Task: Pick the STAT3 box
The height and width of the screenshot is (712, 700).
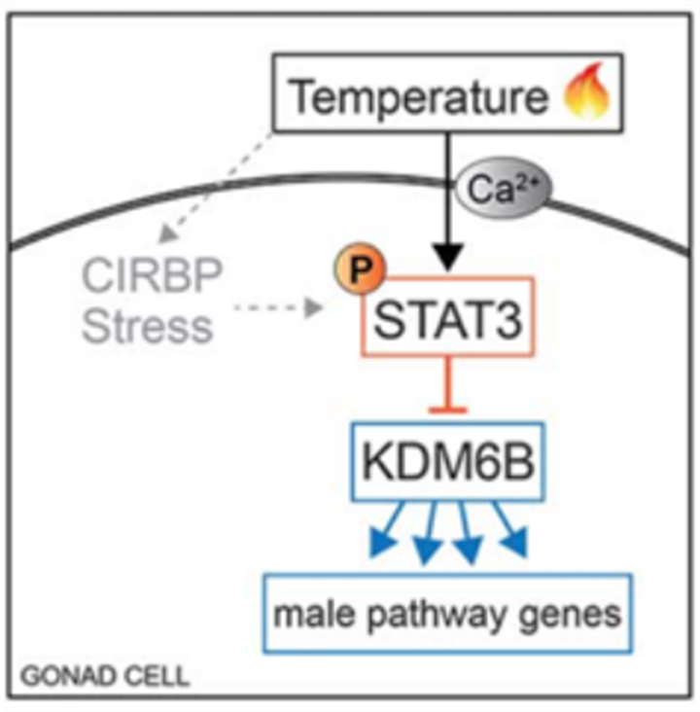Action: pos(448,316)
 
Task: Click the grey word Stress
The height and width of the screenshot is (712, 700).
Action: pos(147,326)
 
